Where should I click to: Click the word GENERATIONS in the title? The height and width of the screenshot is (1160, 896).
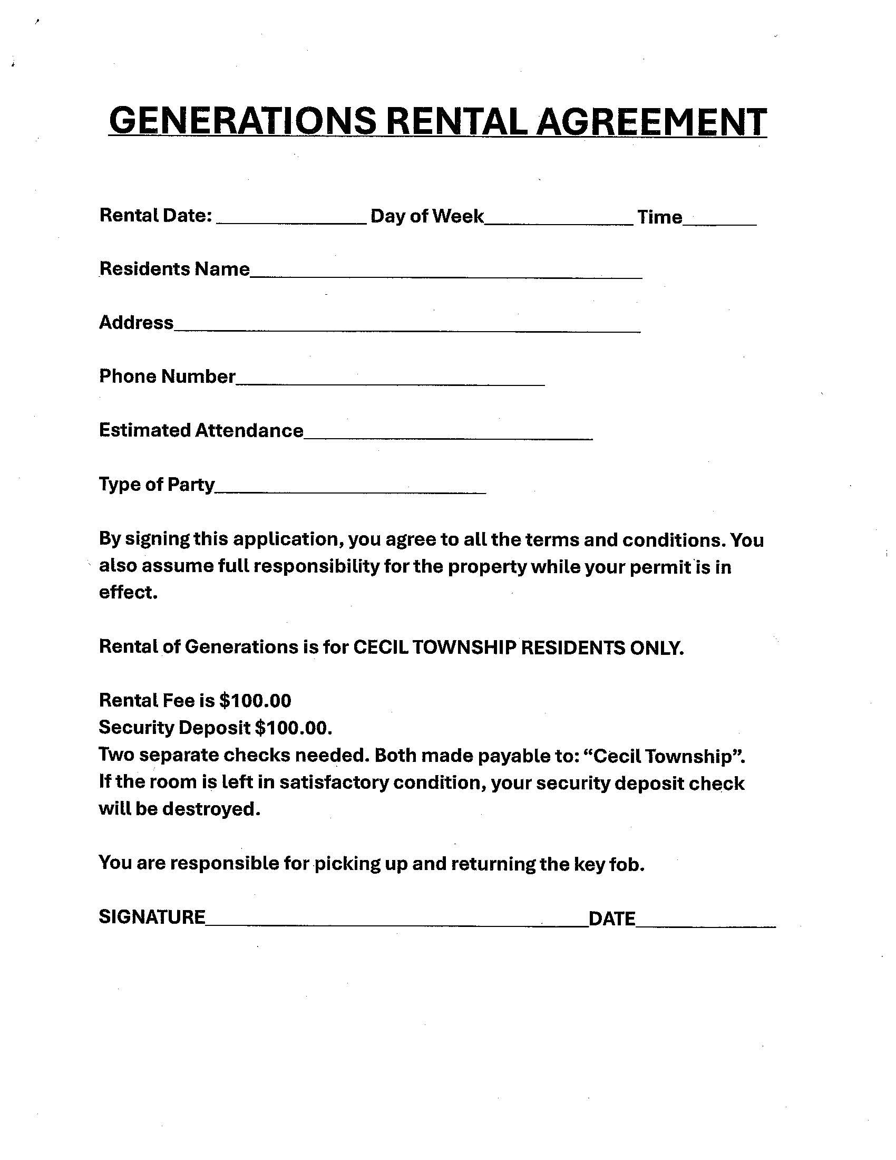pos(242,121)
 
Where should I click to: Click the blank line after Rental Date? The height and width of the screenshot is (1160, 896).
pos(291,223)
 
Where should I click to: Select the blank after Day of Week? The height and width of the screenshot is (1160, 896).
pos(559,223)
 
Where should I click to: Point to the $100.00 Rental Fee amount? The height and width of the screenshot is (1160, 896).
pos(255,701)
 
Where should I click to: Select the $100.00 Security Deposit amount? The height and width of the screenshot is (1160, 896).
pos(293,727)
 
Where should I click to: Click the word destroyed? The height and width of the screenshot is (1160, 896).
pos(211,809)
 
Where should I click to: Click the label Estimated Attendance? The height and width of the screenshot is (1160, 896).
pos(201,430)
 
